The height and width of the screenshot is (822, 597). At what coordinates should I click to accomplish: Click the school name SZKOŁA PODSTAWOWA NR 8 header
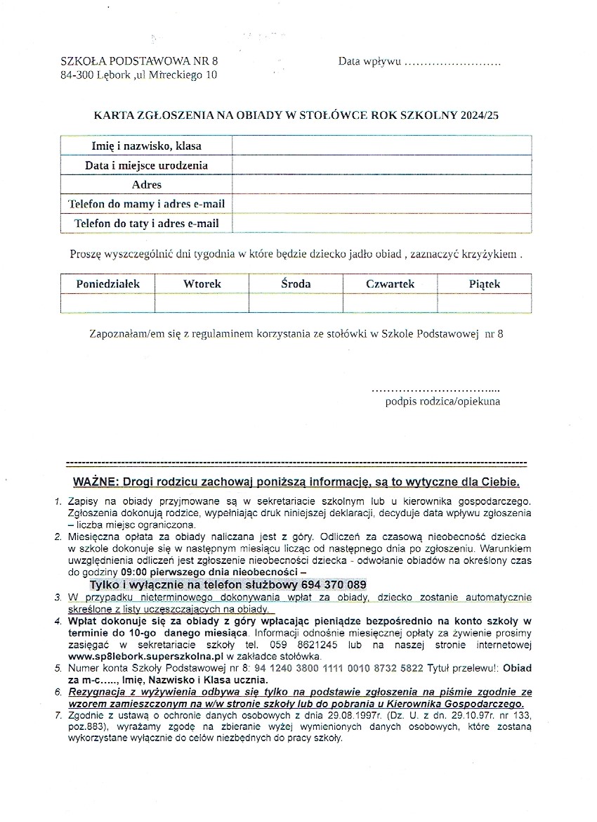click(140, 61)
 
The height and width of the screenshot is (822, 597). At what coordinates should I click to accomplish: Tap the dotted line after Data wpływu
click(453, 62)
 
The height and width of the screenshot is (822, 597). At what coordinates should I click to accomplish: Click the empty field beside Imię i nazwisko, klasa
click(381, 146)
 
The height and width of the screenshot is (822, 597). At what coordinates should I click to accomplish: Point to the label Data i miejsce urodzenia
click(146, 165)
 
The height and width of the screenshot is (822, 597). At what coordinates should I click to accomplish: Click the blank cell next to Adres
click(381, 184)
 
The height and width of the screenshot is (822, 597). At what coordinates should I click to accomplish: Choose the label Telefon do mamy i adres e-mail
click(146, 204)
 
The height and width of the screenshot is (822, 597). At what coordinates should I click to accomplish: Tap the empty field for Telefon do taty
click(381, 223)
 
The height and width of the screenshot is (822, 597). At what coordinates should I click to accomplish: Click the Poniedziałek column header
click(108, 283)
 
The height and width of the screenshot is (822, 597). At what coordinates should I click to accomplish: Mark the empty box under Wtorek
click(202, 303)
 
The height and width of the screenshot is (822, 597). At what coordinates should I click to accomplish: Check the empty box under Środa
click(296, 303)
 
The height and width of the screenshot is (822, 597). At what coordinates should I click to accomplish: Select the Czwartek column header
click(390, 284)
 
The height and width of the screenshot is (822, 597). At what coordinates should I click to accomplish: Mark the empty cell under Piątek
click(484, 303)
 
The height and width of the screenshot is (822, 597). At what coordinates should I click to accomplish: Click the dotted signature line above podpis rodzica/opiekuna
click(435, 389)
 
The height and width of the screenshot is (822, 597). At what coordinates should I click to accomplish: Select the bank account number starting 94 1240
click(339, 668)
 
